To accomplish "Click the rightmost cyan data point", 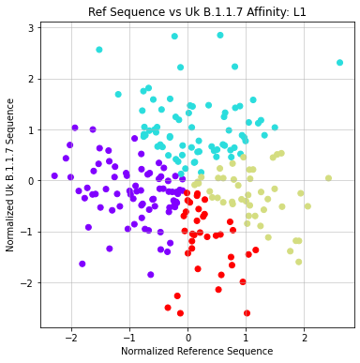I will point(339,63).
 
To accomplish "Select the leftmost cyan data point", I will point(99,50).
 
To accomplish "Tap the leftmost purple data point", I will point(54,175).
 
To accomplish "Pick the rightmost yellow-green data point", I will point(328,178).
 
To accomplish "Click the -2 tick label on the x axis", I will point(69,337).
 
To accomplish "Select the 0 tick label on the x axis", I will point(187,337).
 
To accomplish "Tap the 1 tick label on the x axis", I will point(246,337).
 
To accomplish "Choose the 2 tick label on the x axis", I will point(304,337).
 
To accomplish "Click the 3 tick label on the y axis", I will point(32,27).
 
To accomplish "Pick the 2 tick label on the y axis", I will point(32,79).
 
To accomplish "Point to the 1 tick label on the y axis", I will point(32,129).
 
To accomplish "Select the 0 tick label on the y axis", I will point(32,180).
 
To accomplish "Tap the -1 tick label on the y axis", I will point(29,232).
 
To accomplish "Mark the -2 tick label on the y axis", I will point(29,282).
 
